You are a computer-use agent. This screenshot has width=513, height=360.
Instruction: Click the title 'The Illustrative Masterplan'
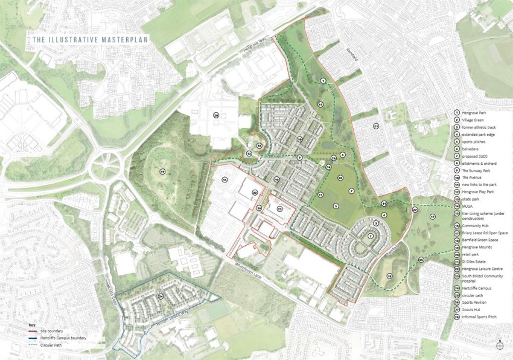coord(91,40)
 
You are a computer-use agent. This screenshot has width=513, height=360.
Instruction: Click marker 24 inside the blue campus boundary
coord(161,297)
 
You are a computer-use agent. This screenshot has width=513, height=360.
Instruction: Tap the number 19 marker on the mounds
coord(162,172)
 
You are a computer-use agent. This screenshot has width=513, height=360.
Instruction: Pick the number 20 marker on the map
coord(215,115)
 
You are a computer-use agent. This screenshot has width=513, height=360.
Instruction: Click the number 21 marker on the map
coord(375,126)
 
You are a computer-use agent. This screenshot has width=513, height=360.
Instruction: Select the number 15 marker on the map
coord(224,179)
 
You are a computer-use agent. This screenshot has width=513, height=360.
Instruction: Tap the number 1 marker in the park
coord(323,80)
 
